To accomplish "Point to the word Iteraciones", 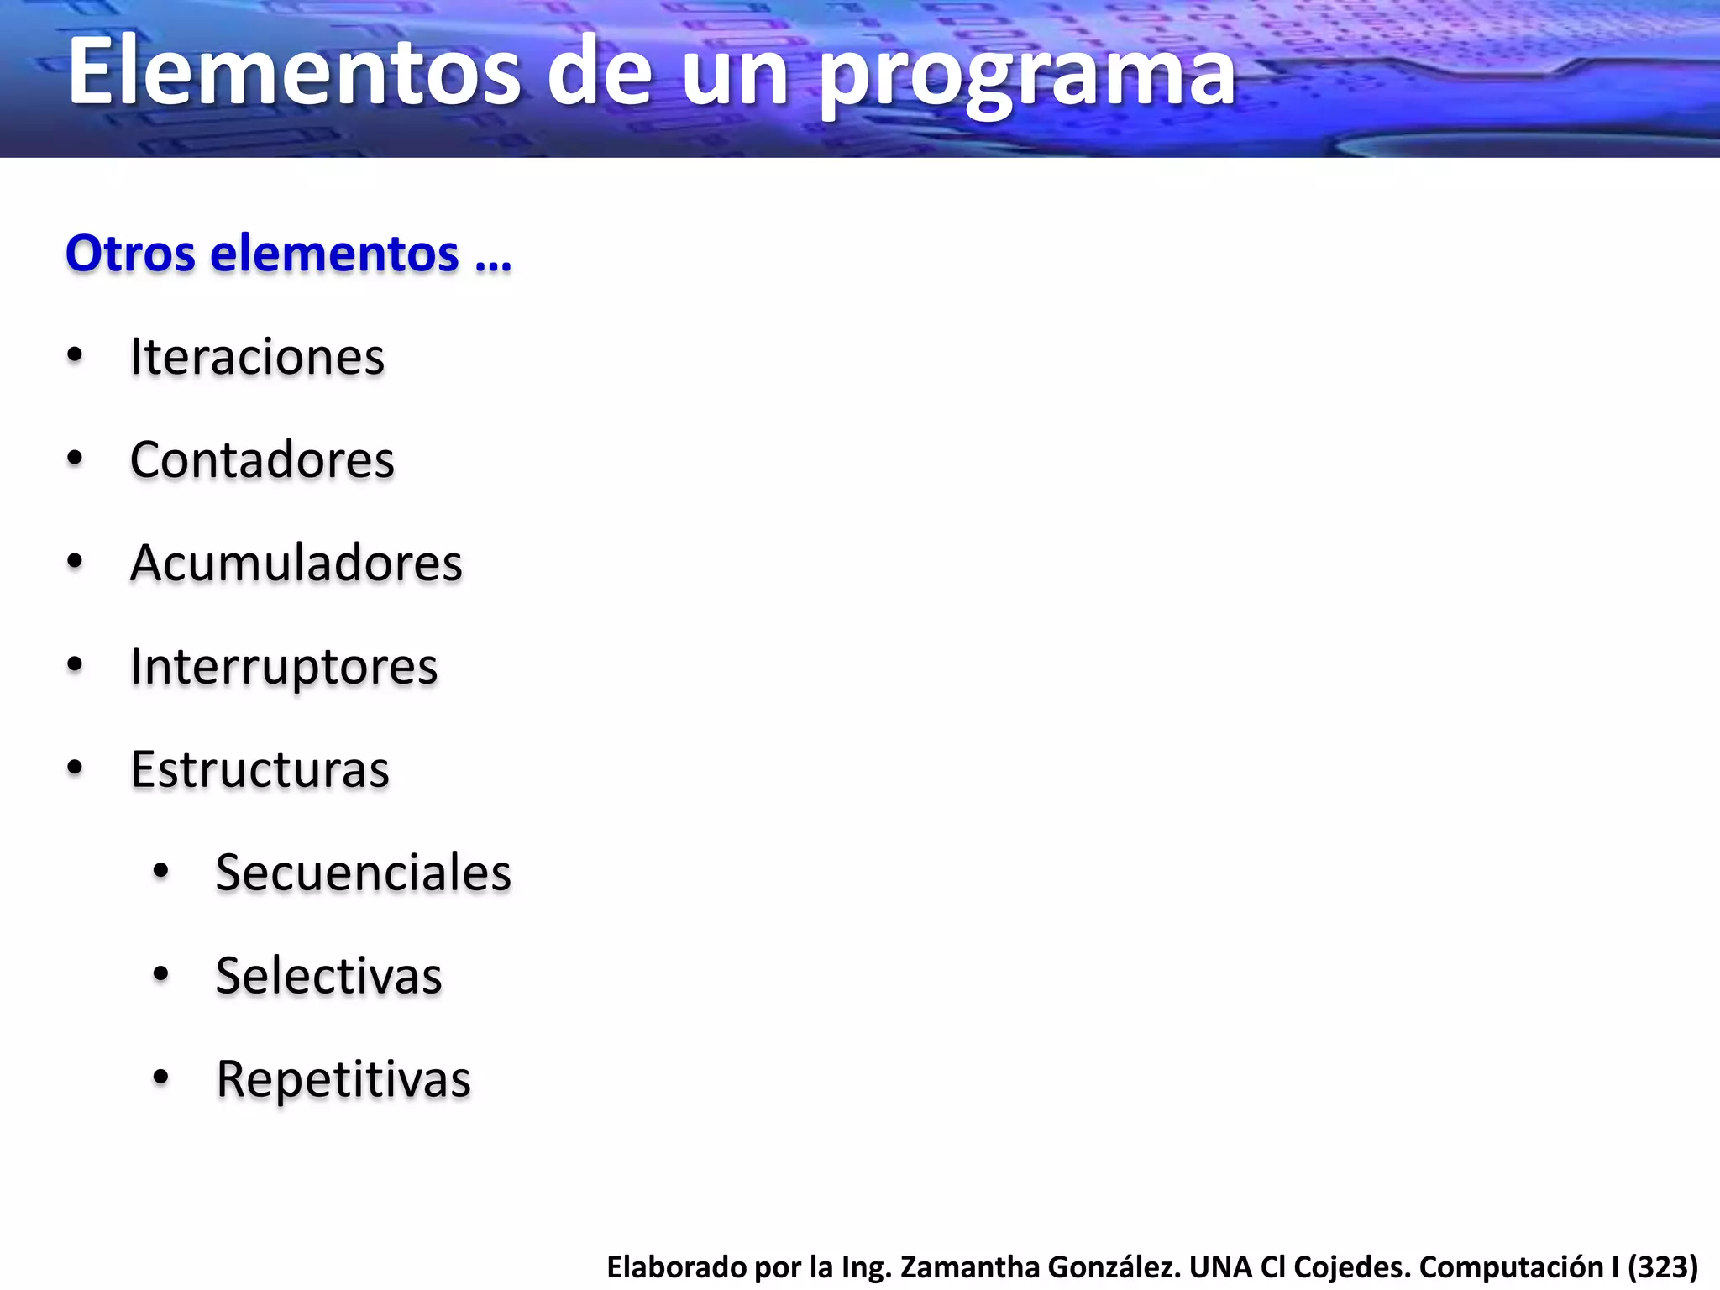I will (257, 357).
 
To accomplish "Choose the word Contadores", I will (262, 460).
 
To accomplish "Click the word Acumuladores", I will (296, 563).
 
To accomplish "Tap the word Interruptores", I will (284, 667).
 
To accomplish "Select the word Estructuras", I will (260, 769).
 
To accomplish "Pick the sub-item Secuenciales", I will (363, 873).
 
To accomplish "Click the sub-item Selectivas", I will (328, 976).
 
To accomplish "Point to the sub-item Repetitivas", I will (343, 1079).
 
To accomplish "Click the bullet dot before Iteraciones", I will (75, 356).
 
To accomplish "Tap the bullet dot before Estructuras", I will (75, 768).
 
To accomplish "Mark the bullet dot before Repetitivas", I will (161, 1078).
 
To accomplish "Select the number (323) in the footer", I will (1663, 1266).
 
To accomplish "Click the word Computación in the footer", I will (1510, 1266).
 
